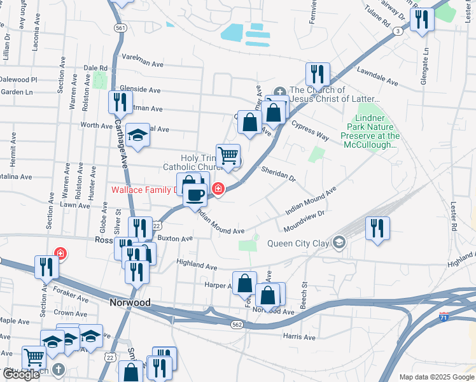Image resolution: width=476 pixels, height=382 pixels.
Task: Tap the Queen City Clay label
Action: pyautogui.click(x=299, y=242)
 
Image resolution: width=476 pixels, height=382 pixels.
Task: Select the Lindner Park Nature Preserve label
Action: pyautogui.click(x=370, y=131)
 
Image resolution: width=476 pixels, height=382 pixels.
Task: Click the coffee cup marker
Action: pyautogui.click(x=195, y=194)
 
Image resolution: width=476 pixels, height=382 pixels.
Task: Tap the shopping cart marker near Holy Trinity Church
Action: pyautogui.click(x=228, y=155)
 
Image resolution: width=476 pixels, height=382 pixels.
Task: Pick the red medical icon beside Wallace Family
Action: pyautogui.click(x=218, y=188)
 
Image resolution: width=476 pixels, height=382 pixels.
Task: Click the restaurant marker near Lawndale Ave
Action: pyautogui.click(x=316, y=74)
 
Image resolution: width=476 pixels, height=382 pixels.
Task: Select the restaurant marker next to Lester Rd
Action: pyautogui.click(x=378, y=228)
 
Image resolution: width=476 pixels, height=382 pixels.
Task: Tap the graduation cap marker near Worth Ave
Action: pyautogui.click(x=137, y=134)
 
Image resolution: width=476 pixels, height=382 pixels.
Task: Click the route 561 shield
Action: pyautogui.click(x=120, y=28)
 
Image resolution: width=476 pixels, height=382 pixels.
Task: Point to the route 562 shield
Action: pyautogui.click(x=237, y=324)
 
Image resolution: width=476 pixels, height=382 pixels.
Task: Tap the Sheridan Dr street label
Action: pyautogui.click(x=279, y=173)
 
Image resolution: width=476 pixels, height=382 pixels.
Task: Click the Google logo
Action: pyautogui.click(x=20, y=374)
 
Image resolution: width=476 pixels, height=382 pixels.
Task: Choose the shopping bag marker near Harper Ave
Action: pyautogui.click(x=244, y=282)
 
